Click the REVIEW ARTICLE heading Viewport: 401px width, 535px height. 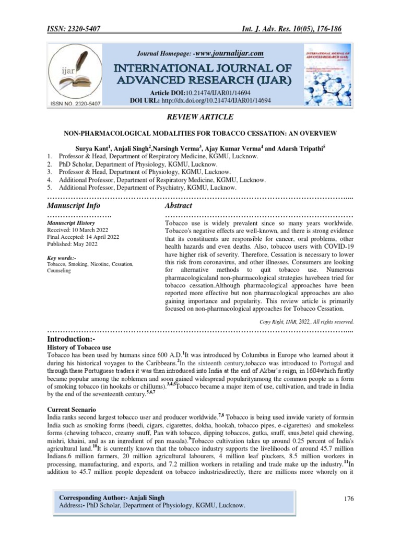click(200, 117)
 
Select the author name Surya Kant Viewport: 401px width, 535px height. click(93, 148)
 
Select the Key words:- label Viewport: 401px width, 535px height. click(62, 258)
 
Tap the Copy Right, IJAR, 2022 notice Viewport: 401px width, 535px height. click(307, 321)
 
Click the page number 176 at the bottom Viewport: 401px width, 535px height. click(349, 499)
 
